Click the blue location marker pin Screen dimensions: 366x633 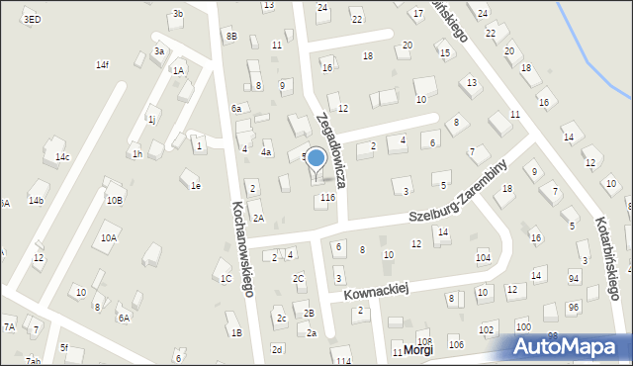tap(316, 159)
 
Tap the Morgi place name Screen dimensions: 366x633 tap(418, 350)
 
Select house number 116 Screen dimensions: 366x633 tap(327, 198)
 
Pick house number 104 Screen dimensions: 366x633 tap(483, 257)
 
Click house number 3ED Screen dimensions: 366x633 tap(32, 19)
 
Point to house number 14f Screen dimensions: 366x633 tap(102, 65)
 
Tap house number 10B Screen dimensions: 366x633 tap(115, 201)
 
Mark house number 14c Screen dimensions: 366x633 tap(62, 157)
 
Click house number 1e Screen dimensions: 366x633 tap(196, 185)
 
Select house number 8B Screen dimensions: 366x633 tap(230, 37)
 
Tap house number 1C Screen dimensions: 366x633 tap(226, 278)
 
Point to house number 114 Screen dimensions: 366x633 tap(342, 362)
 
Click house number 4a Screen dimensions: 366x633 tap(266, 152)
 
